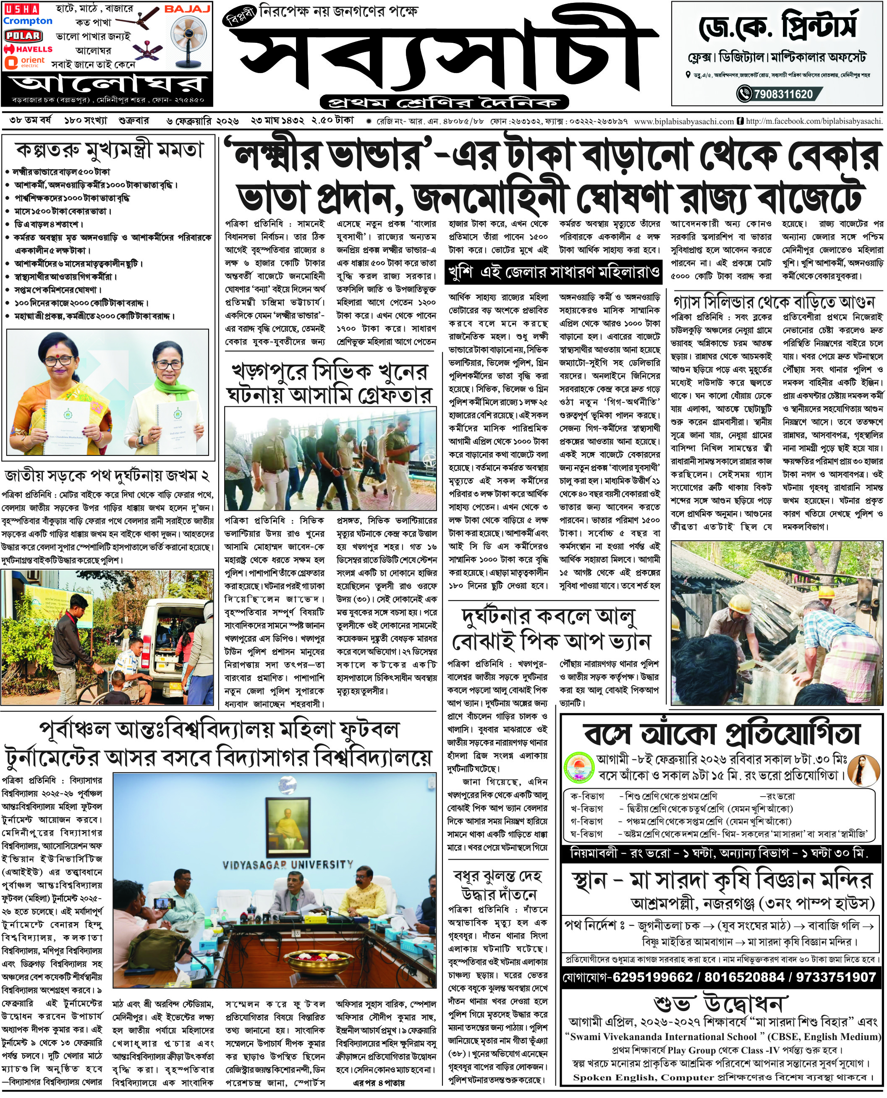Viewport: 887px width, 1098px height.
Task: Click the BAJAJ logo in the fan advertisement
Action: click(x=187, y=9)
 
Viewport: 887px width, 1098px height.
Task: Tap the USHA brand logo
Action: click(x=21, y=9)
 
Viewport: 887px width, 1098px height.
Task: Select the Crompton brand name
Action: click(x=28, y=21)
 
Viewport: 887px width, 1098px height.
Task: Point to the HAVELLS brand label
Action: click(x=29, y=49)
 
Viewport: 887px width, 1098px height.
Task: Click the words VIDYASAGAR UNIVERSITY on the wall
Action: click(x=288, y=865)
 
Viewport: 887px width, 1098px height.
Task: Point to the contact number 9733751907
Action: click(x=836, y=977)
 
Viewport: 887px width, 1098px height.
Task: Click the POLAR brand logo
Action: click(x=23, y=35)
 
